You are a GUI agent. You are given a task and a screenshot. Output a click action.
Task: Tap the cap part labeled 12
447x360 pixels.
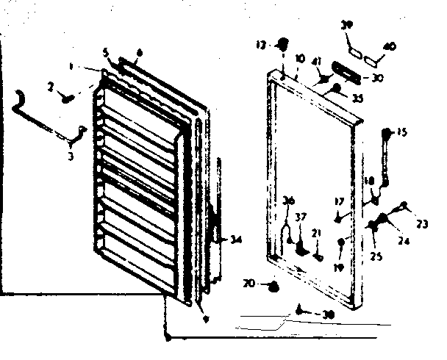tap(280, 45)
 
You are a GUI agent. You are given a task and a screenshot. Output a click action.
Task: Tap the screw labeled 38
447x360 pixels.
tap(301, 312)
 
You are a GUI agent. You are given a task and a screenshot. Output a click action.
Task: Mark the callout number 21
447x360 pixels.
tap(316, 234)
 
